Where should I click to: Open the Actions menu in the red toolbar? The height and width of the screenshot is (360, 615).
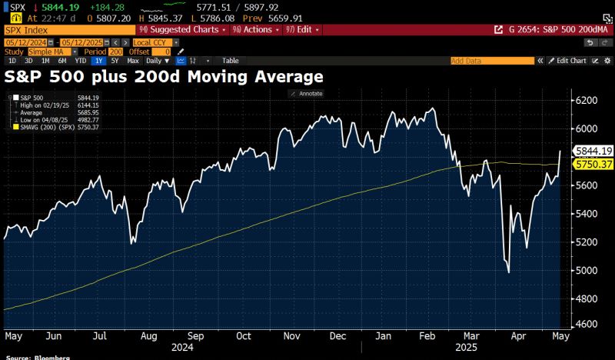258,29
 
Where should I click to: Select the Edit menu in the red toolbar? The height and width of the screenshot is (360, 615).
304,29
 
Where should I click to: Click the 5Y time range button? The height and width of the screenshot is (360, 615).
115,60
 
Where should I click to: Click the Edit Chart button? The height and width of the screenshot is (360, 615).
571,60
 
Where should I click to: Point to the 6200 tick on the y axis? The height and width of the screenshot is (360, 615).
588,100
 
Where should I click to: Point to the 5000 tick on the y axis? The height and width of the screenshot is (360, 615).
588,270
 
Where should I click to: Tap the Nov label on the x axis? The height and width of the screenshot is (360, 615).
291,336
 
